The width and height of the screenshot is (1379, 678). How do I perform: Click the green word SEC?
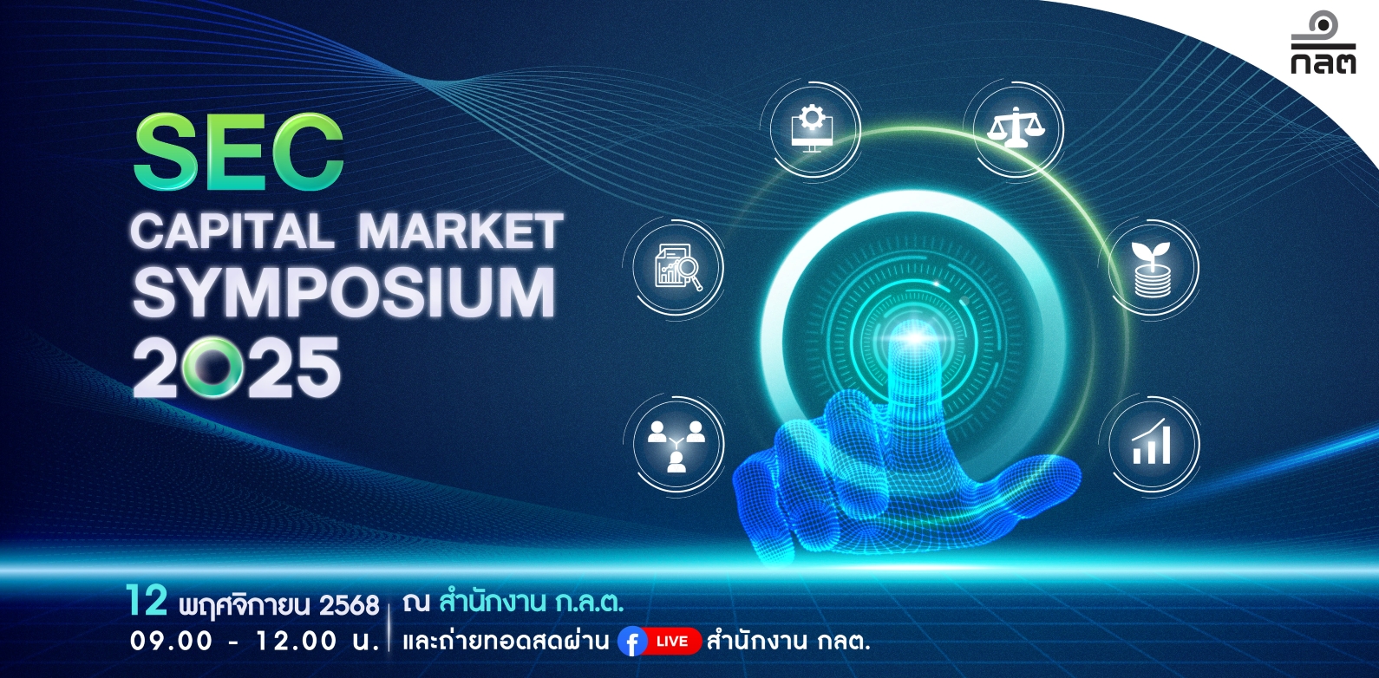pos(239,152)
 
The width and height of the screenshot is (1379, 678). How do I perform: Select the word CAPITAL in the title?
pos(232,231)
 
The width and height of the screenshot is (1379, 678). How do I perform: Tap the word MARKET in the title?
pos(461,231)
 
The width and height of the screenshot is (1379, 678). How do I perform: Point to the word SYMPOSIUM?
pos(344,292)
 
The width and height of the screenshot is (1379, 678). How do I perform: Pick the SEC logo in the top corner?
pos(1323,43)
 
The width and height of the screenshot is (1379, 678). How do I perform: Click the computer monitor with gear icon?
pos(812,128)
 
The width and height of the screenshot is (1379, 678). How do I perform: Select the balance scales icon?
pos(1016,127)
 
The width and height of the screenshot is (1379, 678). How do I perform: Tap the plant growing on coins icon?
pos(1151,269)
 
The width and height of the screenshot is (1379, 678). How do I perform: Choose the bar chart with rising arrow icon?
pos(1151,442)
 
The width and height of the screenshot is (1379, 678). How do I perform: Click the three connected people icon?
pos(676,446)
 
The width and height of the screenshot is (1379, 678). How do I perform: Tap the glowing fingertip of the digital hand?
pos(915,338)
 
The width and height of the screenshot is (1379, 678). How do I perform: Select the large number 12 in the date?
pos(147,601)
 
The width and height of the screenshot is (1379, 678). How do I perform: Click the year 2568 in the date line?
pos(349,605)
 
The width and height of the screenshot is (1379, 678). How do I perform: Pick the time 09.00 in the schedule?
pos(171,642)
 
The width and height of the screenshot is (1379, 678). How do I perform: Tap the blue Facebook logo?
pos(632,642)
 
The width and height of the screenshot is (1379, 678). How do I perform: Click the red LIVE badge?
pos(673,642)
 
